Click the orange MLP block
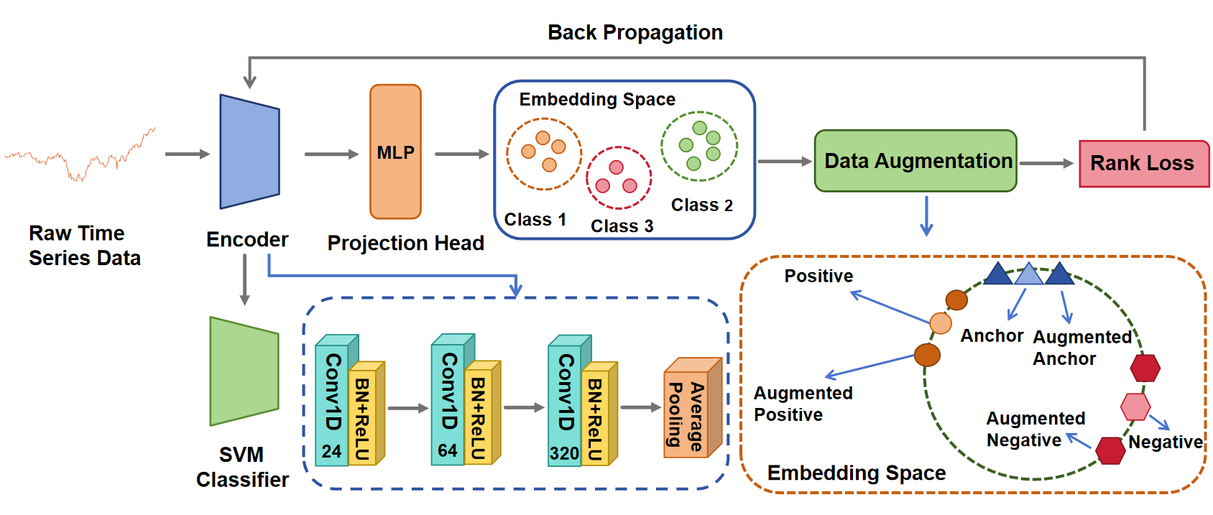tap(395, 152)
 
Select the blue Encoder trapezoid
tap(249, 152)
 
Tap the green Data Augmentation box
tap(915, 161)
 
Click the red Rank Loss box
tap(1143, 164)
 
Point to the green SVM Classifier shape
tap(244, 371)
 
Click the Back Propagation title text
tap(635, 32)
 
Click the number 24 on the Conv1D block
tap(331, 451)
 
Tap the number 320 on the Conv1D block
tap(564, 453)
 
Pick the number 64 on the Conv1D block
tap(448, 450)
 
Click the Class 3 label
tap(622, 226)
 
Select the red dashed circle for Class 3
tap(619, 177)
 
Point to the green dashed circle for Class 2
tap(699, 146)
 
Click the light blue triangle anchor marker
tap(1028, 274)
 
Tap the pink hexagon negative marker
tap(1135, 407)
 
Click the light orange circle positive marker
tap(941, 323)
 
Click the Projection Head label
tap(405, 243)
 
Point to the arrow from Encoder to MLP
tap(331, 154)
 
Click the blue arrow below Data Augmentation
tap(926, 215)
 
